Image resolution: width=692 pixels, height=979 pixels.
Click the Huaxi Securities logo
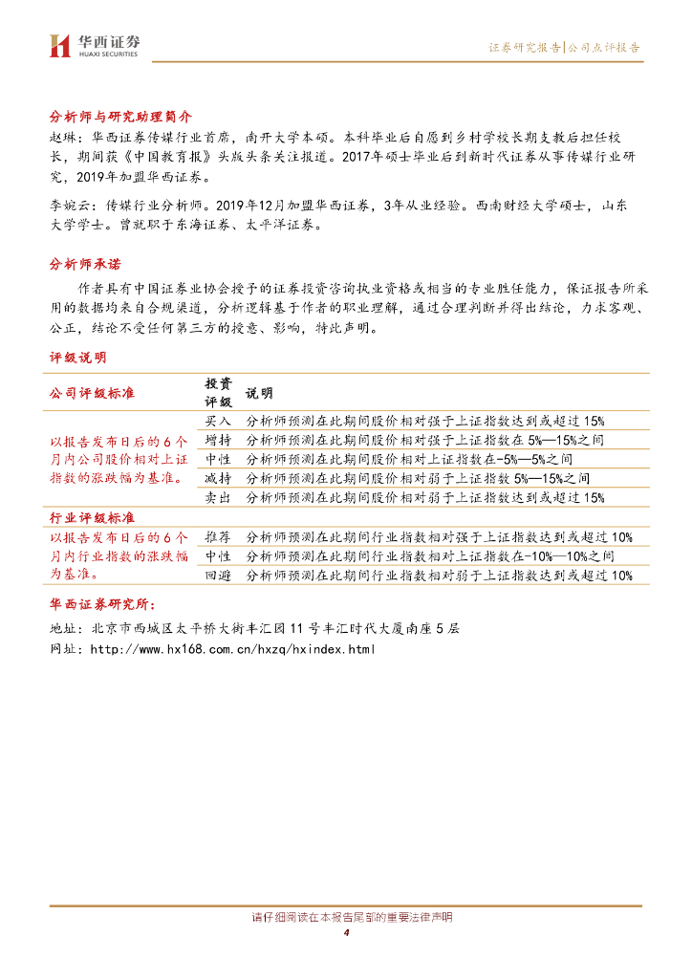[95, 44]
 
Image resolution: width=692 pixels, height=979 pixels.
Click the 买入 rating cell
[218, 421]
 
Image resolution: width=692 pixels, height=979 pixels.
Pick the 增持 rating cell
[218, 440]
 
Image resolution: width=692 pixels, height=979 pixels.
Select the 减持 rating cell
[218, 478]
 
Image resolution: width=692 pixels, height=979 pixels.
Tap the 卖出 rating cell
[218, 497]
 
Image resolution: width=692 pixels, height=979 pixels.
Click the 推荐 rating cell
[218, 537]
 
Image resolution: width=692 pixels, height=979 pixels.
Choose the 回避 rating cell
[218, 576]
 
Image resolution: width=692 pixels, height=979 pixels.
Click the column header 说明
[259, 393]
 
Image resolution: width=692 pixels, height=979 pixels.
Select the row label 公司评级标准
[92, 393]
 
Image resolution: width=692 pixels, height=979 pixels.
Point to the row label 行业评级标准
[92, 517]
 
